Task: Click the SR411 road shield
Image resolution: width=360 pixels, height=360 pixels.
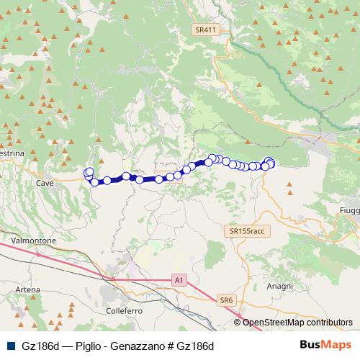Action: pyautogui.click(x=205, y=30)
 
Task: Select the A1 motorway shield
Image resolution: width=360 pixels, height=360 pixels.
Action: pyautogui.click(x=179, y=278)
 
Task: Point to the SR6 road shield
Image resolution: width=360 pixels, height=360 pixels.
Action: pyautogui.click(x=227, y=300)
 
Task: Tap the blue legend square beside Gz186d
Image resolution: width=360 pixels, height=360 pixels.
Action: pyautogui.click(x=9, y=346)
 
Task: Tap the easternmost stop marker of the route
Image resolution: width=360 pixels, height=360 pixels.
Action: pyautogui.click(x=271, y=162)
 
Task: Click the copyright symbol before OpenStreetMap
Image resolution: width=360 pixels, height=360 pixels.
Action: pyautogui.click(x=238, y=323)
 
